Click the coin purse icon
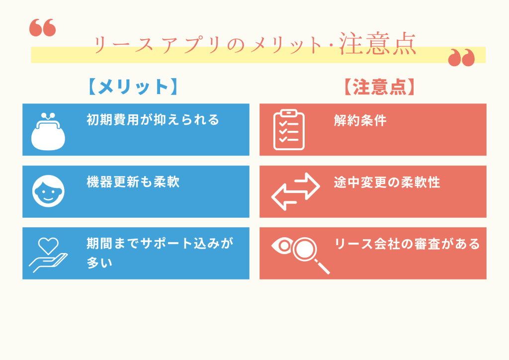(49, 130)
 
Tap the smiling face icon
(48, 191)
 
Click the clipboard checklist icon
(289, 130)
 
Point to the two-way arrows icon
(295, 191)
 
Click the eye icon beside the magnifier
(282, 245)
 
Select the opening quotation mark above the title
(43, 28)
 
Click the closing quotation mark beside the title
(461, 58)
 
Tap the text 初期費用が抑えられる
(153, 120)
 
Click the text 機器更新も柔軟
(133, 182)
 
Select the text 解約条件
(360, 120)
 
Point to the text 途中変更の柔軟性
(387, 182)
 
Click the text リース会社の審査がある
(407, 244)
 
